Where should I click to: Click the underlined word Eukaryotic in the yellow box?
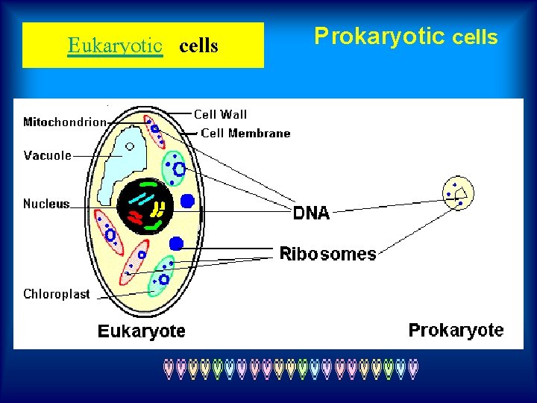[115, 46]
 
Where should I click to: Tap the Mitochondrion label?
[64, 122]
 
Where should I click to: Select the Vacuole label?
[47, 155]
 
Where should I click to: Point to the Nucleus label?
[46, 204]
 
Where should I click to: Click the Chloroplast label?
[56, 294]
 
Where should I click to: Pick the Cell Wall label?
[220, 114]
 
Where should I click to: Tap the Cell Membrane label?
[245, 134]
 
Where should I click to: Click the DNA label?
[311, 213]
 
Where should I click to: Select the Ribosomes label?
[327, 254]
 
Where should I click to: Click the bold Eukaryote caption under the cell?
[142, 331]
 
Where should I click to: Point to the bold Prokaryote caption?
[456, 330]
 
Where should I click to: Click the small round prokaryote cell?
[458, 193]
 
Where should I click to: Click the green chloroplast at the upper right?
[176, 168]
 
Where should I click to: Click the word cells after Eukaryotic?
[199, 46]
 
